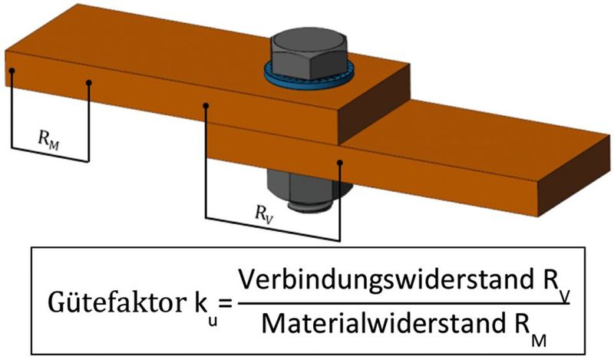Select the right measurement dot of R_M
(x=89, y=83)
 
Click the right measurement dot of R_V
(x=340, y=162)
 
